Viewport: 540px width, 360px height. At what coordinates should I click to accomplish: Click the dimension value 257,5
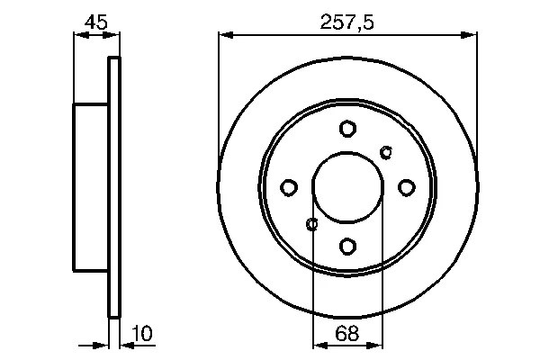tap(346, 22)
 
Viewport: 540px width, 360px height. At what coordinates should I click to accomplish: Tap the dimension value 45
tap(96, 22)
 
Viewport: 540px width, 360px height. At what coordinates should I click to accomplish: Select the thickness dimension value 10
tap(142, 334)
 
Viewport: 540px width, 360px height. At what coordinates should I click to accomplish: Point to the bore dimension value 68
tap(346, 334)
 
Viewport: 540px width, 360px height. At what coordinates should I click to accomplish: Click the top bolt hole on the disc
tap(347, 129)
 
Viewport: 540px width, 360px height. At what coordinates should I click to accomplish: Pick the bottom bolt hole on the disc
tap(347, 247)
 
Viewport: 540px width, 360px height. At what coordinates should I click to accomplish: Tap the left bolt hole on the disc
tap(289, 188)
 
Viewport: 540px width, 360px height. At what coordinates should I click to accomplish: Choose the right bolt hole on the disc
tap(407, 188)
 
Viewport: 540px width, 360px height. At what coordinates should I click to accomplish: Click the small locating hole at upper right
tap(386, 152)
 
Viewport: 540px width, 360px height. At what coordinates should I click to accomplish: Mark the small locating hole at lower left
tap(312, 224)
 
